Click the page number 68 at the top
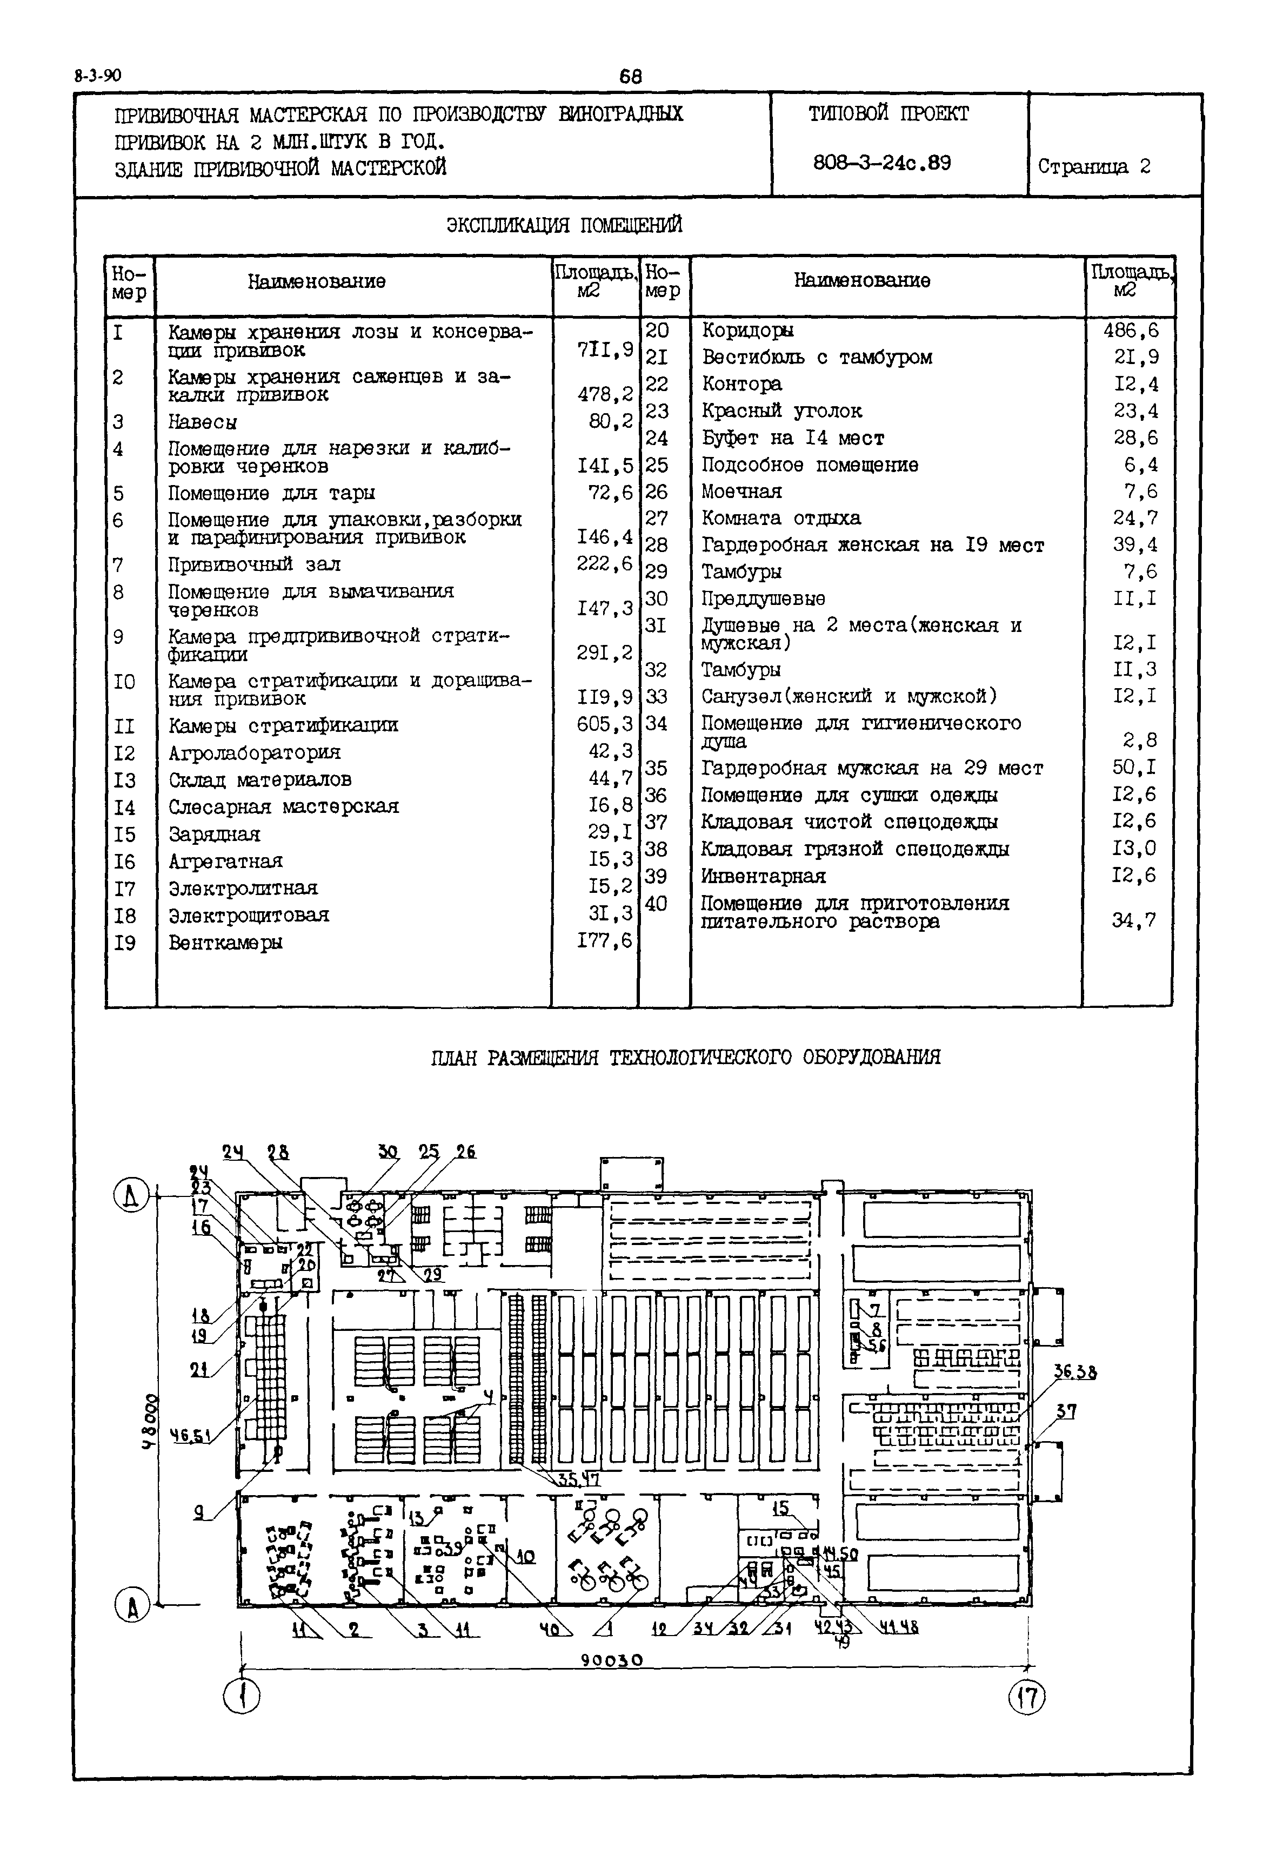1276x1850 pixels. [x=630, y=77]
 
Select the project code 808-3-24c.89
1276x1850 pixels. [x=882, y=163]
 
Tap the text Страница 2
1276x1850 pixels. [x=1094, y=166]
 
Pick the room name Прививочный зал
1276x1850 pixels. [x=254, y=564]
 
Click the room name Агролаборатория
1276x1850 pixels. [x=254, y=753]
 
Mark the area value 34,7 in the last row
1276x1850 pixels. [x=1134, y=920]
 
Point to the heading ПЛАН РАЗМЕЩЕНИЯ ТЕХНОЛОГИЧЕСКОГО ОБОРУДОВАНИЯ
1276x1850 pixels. [x=685, y=1057]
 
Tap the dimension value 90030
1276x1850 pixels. [x=612, y=1660]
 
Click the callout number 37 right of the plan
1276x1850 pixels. [x=1066, y=1412]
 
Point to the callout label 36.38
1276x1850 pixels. [x=1074, y=1372]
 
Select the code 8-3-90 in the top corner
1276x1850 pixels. [x=97, y=77]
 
